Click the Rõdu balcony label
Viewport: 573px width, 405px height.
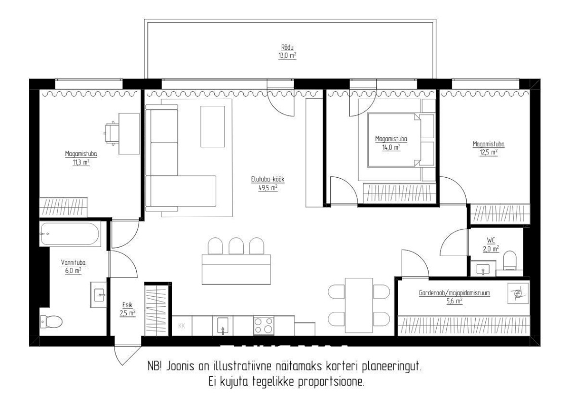(287, 47)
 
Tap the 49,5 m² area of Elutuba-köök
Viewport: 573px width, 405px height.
(268, 188)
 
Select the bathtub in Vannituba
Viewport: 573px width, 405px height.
(69, 234)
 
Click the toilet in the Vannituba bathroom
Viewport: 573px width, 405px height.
(51, 322)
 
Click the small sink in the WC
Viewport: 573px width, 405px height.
(483, 269)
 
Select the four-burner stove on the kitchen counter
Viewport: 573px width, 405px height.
(263, 325)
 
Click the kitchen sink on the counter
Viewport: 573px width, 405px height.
(222, 326)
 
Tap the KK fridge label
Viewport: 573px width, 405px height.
(181, 326)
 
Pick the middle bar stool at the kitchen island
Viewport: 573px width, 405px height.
(236, 246)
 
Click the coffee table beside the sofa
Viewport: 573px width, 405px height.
(213, 126)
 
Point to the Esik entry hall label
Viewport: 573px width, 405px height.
(128, 305)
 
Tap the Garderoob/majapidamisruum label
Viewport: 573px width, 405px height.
(454, 293)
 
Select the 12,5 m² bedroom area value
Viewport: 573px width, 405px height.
(488, 152)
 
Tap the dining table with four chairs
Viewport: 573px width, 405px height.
(359, 305)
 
